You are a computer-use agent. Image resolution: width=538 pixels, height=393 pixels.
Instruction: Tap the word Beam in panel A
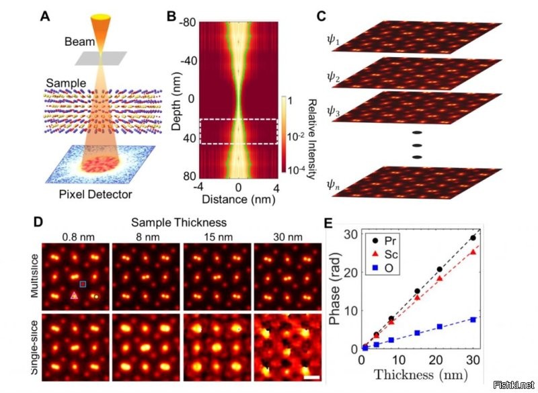(x=76, y=42)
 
